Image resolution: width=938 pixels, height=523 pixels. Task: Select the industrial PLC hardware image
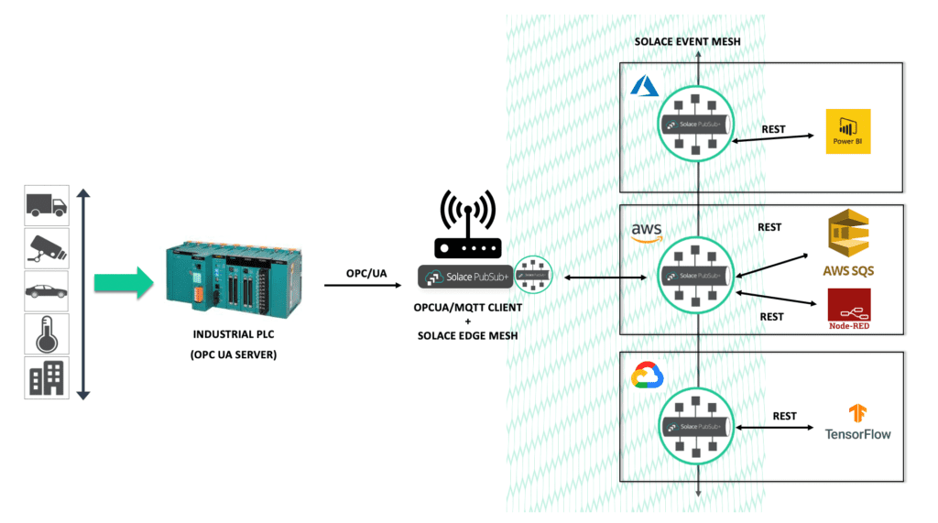234,274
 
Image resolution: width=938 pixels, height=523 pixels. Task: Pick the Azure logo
645,86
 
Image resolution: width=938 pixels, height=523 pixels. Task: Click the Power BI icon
847,132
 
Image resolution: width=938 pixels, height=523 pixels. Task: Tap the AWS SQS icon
848,241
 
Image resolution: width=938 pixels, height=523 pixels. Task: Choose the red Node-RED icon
848,309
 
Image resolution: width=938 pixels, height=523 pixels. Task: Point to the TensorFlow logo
857,422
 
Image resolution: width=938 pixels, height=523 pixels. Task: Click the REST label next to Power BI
773,129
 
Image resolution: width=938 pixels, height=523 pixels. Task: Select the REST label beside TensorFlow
784,416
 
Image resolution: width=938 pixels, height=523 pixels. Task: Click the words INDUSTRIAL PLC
235,335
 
